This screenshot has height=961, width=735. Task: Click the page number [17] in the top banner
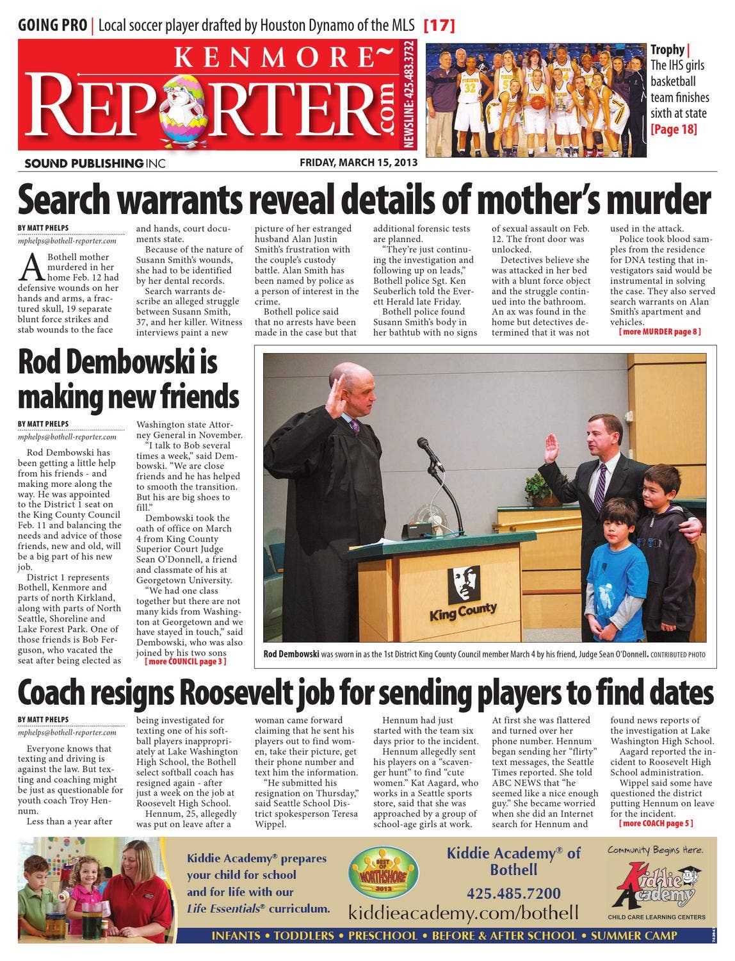pos(439,26)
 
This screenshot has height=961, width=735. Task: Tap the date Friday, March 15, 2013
pos(359,162)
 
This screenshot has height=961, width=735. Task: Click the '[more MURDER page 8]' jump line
pos(659,332)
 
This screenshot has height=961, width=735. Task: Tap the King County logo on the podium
pos(463,593)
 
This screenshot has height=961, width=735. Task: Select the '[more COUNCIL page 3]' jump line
pos(186,661)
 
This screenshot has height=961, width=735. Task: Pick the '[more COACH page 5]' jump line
pos(656,823)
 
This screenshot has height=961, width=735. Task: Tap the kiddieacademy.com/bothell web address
pos(464,912)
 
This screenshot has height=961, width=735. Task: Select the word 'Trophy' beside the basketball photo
pos(667,50)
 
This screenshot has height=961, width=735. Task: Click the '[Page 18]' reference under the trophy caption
pos(674,129)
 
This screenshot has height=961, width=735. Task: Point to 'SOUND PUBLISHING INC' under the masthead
pos(95,163)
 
